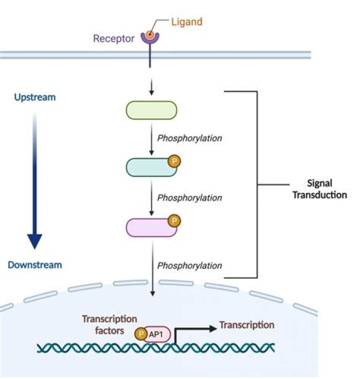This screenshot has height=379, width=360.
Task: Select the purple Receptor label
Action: [113, 38]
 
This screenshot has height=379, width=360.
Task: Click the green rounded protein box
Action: [151, 110]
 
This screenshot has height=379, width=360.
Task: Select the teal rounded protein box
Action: [150, 168]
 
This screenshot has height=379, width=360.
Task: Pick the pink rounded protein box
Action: [150, 227]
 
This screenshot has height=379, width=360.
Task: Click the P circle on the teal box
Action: [174, 161]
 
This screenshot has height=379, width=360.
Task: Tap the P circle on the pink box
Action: [174, 220]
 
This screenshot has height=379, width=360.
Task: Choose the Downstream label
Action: [34, 264]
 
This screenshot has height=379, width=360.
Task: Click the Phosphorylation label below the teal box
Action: [189, 197]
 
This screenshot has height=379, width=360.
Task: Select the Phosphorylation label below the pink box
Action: [189, 265]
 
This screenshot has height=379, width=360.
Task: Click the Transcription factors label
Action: [109, 324]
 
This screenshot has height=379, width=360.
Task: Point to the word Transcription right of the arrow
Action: [247, 325]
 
